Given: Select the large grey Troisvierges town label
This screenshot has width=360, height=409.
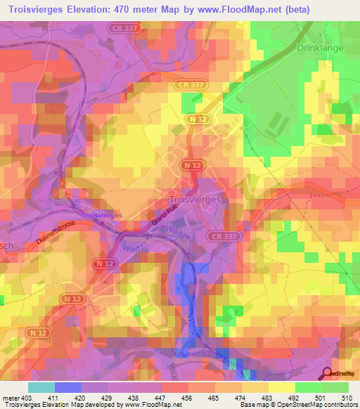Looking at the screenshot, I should [x=196, y=199].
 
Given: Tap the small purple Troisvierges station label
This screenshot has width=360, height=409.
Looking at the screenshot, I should [x=102, y=214].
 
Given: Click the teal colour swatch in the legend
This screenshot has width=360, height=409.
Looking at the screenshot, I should [x=41, y=387].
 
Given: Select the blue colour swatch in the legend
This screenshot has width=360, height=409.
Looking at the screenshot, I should [x=67, y=387].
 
